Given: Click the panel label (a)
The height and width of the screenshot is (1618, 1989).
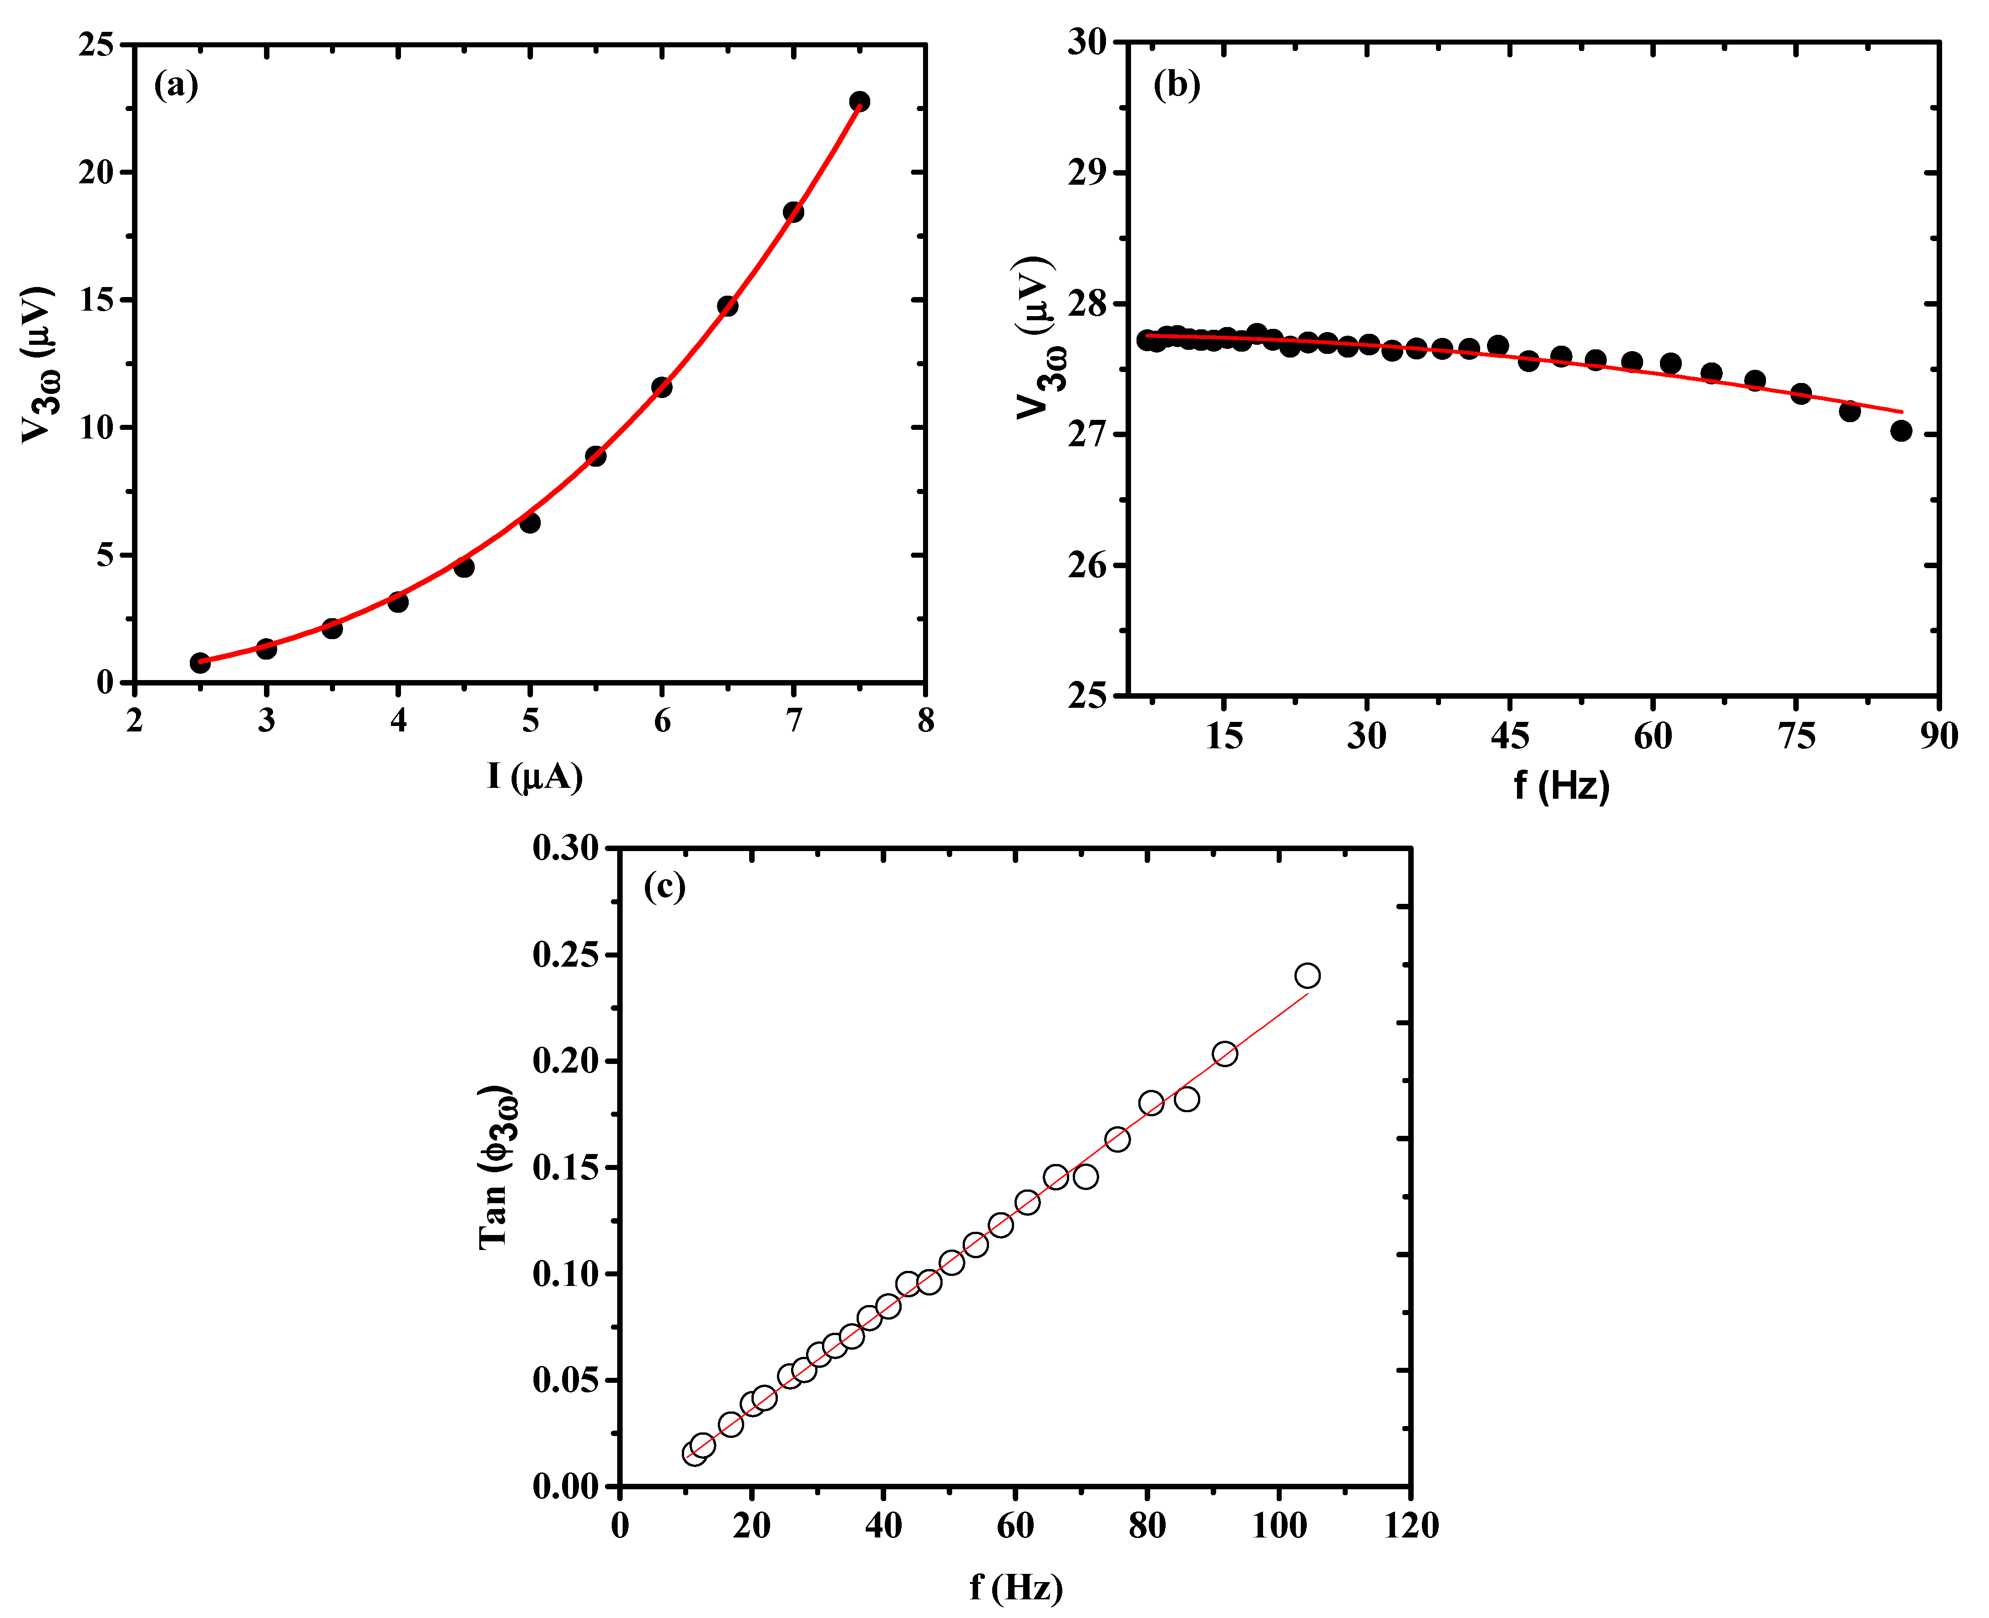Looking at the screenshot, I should (x=175, y=86).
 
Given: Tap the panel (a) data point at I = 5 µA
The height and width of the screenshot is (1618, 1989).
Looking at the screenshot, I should (x=530, y=523).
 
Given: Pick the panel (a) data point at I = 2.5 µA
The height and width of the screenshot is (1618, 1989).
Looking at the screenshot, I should (x=199, y=663).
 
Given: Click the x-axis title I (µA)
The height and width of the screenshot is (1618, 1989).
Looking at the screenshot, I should (x=534, y=776).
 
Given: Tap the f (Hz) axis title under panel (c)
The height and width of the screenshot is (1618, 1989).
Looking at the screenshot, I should (x=1015, y=1587).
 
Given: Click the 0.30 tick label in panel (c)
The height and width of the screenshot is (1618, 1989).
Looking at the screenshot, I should (x=565, y=848).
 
